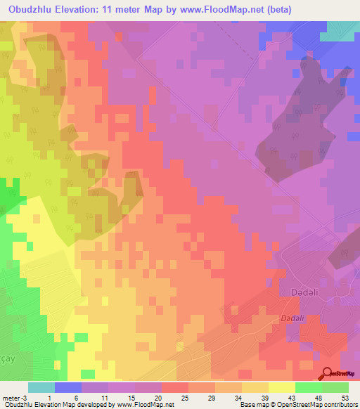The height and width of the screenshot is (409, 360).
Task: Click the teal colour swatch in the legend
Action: [41, 387]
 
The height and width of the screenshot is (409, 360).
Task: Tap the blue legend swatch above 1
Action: [68, 387]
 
